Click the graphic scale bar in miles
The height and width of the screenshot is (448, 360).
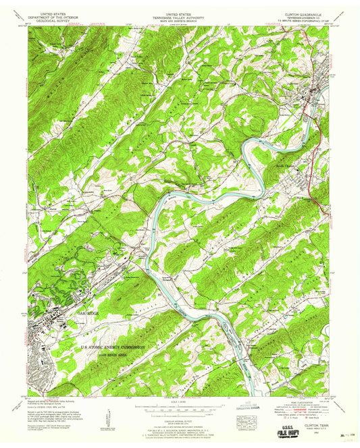click(x=179, y=408)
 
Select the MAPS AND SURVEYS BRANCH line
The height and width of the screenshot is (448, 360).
click(x=180, y=20)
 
